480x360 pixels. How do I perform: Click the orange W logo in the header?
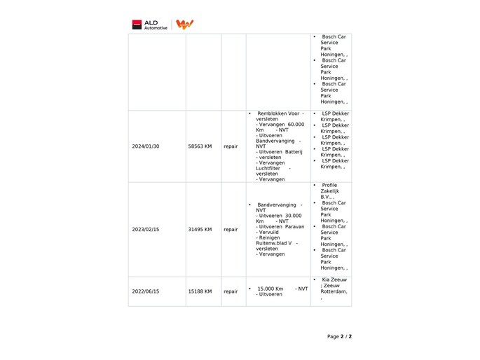pos(184,25)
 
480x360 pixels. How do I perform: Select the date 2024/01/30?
pos(146,146)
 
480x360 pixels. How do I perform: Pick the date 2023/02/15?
pos(146,229)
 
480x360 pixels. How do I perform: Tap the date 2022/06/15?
pos(146,291)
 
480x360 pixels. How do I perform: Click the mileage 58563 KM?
pos(200,146)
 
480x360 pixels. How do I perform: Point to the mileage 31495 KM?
pos(200,229)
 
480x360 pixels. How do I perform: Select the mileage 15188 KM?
pos(200,291)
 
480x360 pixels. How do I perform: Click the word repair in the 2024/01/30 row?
pos(231,146)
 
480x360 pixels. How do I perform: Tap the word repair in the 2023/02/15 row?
pos(231,229)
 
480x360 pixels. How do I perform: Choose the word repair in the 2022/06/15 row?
pos(231,291)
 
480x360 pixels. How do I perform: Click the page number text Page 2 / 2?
pos(339,336)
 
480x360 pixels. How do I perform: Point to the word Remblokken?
pos(272,113)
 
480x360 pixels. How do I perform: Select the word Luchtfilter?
pos(268,168)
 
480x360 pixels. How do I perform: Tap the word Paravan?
pos(294,226)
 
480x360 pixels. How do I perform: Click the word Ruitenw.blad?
pos(273,243)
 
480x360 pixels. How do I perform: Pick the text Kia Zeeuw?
pos(334,280)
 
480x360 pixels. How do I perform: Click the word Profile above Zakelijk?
pos(329,186)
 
